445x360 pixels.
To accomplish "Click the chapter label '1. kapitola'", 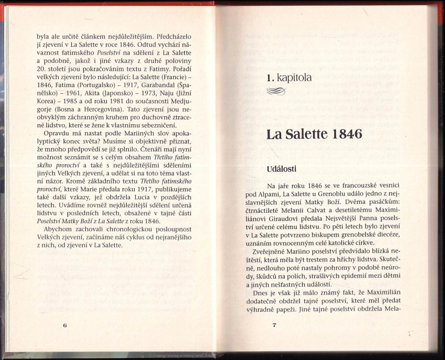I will coord(288,78).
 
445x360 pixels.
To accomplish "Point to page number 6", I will coord(64,325).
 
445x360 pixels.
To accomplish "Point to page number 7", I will coord(274,325).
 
